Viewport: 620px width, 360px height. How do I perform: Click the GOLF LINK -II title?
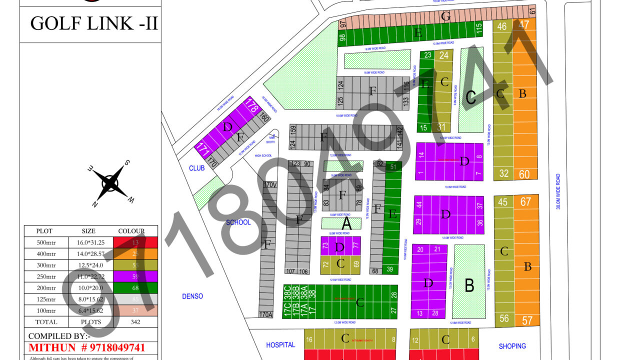pos(94,23)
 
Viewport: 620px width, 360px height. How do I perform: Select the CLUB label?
pos(196,168)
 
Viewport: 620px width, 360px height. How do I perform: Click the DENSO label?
pos(192,296)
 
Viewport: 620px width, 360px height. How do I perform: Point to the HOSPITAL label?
pos(280,345)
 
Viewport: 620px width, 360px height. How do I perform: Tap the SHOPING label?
pos(512,346)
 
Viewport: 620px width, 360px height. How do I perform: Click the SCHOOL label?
pos(238,222)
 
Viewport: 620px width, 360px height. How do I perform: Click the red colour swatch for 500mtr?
pos(135,242)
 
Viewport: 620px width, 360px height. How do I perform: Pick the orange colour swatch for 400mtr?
pos(135,253)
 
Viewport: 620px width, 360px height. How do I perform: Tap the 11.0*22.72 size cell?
pos(88,276)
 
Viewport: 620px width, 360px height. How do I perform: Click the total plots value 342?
pos(135,322)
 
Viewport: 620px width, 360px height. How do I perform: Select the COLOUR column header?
pos(131,231)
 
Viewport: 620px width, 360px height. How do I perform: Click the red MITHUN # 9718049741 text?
pos(86,347)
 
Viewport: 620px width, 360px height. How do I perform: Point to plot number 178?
pos(251,106)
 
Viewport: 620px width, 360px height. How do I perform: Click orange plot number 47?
pos(524,25)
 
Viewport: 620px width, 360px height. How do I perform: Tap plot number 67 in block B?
pos(525,201)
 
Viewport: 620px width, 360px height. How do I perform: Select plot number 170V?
pos(270,185)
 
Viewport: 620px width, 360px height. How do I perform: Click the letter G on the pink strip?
pos(445,16)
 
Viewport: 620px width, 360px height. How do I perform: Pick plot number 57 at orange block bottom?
pos(527,320)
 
